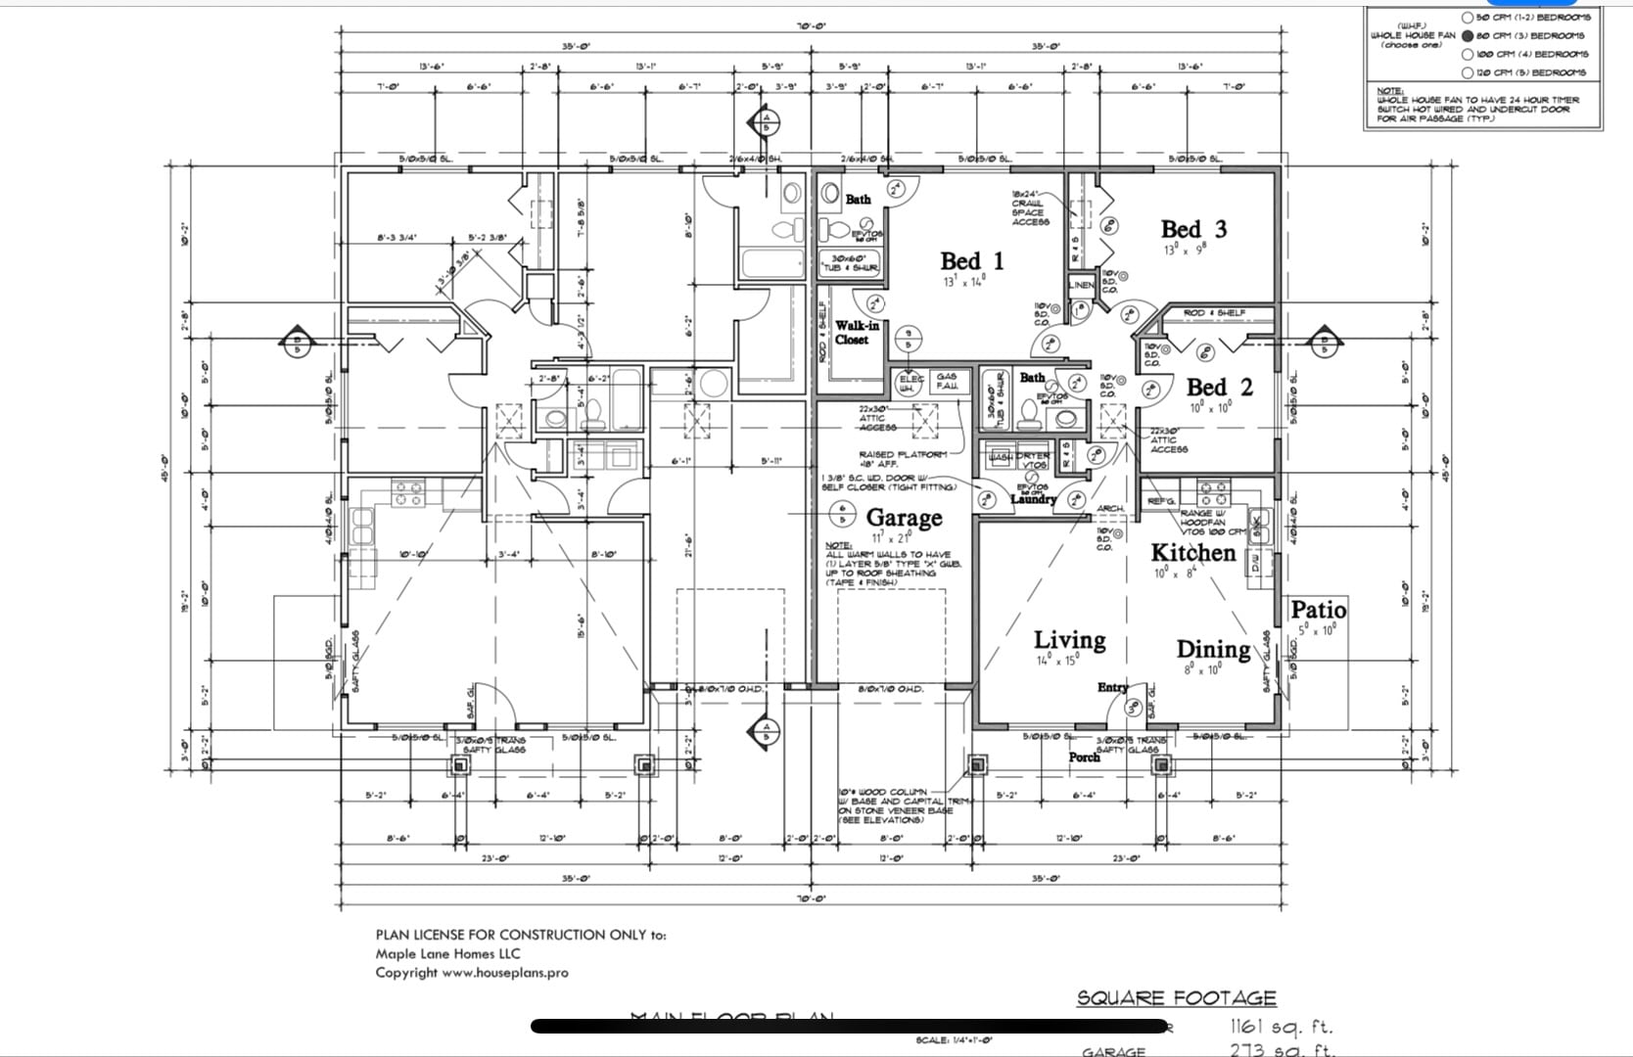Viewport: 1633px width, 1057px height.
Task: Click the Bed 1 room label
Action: (x=971, y=261)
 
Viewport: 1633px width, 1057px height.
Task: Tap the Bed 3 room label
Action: (x=1193, y=229)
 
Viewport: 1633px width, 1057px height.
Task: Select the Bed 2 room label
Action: (x=1219, y=388)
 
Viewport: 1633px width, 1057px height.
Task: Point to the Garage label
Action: (x=904, y=517)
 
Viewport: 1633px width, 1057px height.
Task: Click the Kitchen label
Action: (x=1192, y=553)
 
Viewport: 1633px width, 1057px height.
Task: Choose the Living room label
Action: (x=1069, y=640)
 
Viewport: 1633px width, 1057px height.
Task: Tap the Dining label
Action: (x=1212, y=650)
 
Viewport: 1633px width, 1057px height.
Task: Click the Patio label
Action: (x=1318, y=610)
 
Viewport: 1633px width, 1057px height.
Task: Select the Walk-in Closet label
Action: (x=851, y=333)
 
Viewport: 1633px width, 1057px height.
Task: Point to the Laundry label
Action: (x=1033, y=499)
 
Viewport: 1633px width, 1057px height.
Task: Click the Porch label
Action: (x=1084, y=757)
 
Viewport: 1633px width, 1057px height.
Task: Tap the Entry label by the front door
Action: (x=1112, y=687)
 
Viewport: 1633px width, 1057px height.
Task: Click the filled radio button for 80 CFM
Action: (x=1468, y=35)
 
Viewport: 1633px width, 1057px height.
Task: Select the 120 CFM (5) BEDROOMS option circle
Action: (x=1468, y=72)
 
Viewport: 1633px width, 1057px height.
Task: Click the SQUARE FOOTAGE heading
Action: (x=1176, y=998)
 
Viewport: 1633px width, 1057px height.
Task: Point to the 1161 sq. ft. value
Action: (x=1281, y=1027)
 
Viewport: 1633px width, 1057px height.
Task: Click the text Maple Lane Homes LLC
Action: (x=447, y=953)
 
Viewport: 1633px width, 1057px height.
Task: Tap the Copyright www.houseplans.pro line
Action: (x=471, y=973)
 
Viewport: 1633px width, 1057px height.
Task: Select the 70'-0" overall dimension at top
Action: (x=810, y=25)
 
